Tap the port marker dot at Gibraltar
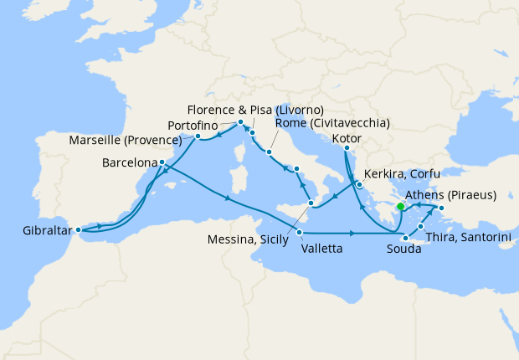(78, 229)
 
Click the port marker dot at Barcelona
(161, 162)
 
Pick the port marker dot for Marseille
(198, 136)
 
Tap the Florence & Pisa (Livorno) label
(255, 110)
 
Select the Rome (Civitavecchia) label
(332, 123)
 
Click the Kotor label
(347, 137)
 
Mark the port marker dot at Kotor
(346, 149)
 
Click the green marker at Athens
(400, 207)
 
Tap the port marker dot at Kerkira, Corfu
(358, 184)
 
